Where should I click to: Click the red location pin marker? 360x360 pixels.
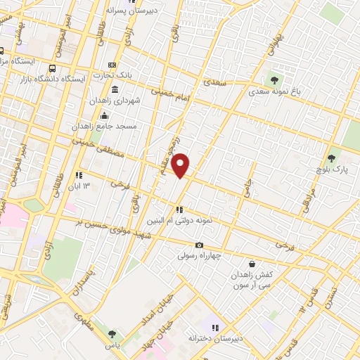pyautogui.click(x=181, y=165)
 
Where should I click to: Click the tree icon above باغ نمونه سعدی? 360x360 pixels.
pyautogui.click(x=274, y=79)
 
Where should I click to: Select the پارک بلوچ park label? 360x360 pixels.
pyautogui.click(x=332, y=170)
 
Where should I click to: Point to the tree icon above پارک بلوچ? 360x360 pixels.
pyautogui.click(x=332, y=159)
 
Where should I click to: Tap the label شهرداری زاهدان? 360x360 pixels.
pyautogui.click(x=115, y=101)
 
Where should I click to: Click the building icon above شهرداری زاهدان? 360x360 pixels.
pyautogui.click(x=115, y=89)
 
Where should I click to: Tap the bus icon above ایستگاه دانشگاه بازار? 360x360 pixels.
pyautogui.click(x=53, y=68)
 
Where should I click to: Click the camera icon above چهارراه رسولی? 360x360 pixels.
pyautogui.click(x=200, y=245)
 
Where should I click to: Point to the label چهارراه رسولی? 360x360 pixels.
pyautogui.click(x=200, y=256)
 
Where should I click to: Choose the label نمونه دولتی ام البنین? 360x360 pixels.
pyautogui.click(x=181, y=220)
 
